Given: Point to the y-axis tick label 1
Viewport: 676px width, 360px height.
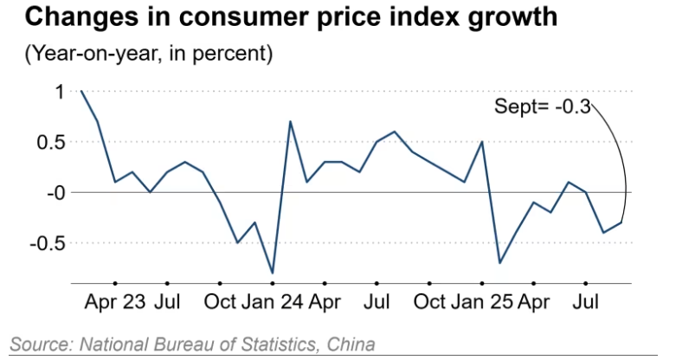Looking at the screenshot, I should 60,91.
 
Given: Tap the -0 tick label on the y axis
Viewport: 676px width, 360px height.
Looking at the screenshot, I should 55,192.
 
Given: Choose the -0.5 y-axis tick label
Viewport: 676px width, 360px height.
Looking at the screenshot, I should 48,242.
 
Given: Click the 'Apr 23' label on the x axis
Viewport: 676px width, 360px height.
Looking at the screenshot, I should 115,304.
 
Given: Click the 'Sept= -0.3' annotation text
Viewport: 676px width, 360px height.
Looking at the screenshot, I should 542,107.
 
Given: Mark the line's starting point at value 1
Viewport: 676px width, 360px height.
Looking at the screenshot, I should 80,91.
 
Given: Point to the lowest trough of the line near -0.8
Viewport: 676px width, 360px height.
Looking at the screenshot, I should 273,273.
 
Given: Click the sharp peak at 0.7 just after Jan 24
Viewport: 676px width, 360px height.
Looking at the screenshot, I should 290,121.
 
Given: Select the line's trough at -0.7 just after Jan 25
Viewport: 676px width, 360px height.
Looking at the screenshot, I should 499,262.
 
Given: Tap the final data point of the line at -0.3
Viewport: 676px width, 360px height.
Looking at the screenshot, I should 621,222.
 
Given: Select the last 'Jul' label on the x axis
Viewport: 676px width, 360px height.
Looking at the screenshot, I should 587,304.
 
